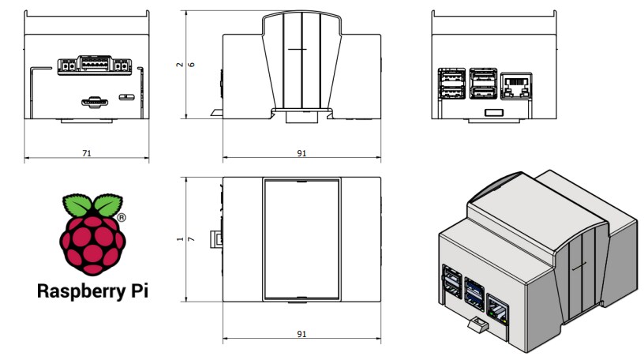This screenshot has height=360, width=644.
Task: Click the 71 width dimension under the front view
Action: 86,153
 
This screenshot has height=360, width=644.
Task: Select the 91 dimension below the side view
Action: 301,153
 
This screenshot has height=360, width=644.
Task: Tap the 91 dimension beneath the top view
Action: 301,335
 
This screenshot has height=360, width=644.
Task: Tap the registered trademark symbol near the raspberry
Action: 122,216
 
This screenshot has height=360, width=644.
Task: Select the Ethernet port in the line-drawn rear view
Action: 515,84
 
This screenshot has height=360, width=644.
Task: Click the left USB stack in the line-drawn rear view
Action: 451,84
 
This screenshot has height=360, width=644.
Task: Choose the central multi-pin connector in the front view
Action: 93,66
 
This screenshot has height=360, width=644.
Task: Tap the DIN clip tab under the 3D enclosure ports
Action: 476,323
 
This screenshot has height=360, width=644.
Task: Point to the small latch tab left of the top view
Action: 215,238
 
